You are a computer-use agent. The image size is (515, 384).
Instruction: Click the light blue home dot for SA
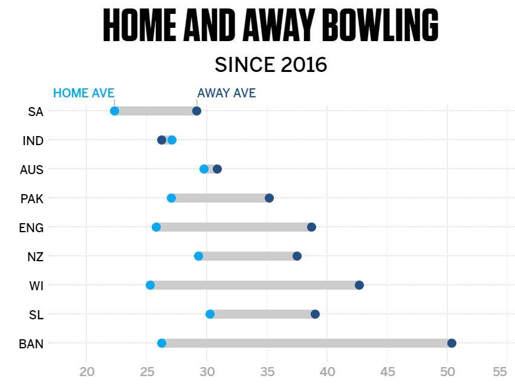(115, 111)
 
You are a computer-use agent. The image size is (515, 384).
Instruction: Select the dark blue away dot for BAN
(452, 343)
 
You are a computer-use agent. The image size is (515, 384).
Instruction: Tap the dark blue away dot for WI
(359, 285)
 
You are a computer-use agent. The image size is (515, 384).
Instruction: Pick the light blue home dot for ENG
(157, 227)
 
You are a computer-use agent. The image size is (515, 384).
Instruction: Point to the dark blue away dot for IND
(161, 140)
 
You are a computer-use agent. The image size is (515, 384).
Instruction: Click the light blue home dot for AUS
(204, 169)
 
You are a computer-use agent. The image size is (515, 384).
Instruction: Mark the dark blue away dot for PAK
(270, 198)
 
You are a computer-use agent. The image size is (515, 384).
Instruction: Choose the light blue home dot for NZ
(198, 256)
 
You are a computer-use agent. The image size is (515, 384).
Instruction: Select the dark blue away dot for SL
(315, 314)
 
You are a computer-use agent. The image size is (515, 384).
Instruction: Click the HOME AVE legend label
(84, 93)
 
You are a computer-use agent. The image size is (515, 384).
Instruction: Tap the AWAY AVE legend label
(226, 93)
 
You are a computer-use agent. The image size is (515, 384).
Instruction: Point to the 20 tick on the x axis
(86, 372)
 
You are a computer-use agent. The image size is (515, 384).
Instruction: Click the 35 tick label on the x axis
(267, 372)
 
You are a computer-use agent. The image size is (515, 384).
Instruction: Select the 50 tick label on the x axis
(447, 372)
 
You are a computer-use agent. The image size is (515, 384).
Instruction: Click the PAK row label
(32, 199)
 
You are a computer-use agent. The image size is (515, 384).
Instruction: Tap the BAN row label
(31, 344)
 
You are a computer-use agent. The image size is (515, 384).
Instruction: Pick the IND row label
(33, 141)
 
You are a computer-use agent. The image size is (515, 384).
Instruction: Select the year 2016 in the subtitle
(304, 64)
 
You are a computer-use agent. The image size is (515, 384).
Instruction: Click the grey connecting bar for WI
(254, 285)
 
